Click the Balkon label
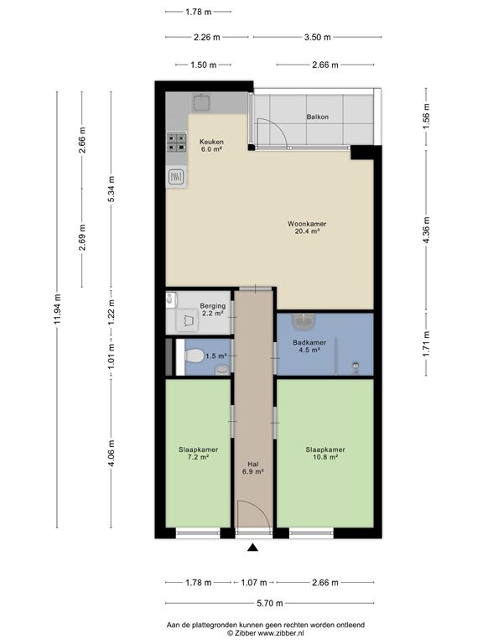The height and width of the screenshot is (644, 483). pos(317,117)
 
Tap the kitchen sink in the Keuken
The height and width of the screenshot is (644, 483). pos(201,102)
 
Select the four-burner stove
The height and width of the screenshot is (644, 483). pos(176,142)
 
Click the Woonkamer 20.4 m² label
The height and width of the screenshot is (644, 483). pos(307,227)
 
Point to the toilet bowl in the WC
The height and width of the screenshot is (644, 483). pos(194,356)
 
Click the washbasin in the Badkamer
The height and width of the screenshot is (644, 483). pos(304,321)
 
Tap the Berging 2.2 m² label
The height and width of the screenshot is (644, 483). pos(212,309)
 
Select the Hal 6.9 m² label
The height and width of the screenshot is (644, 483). pos(252,468)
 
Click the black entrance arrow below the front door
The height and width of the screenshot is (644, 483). pos(252,547)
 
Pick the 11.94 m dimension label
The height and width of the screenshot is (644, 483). pos(57,309)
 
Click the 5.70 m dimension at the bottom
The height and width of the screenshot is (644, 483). pos(269,603)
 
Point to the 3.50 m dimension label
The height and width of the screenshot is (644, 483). pos(317,37)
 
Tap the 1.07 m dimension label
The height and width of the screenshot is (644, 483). pos(253,583)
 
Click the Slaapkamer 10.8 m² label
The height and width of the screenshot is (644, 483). pos(325,453)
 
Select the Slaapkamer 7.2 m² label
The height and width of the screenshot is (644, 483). pos(198,453)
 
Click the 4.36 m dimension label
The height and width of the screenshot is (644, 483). pos(426,230)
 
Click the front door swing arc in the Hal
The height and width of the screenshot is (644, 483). pos(263,508)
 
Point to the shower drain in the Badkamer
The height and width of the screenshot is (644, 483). pos(356,365)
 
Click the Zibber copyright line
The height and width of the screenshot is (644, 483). pos(265,633)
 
